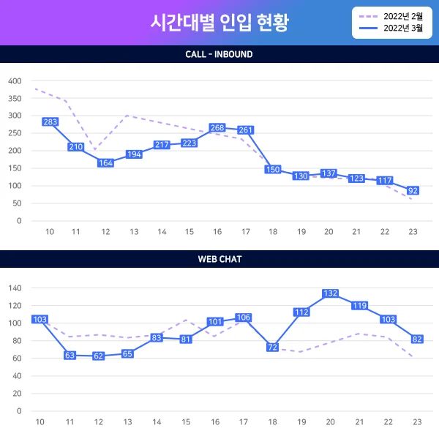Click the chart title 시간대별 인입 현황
[219, 23]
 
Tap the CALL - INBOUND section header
[219, 54]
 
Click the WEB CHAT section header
[219, 259]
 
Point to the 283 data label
[50, 122]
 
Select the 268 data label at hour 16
[217, 128]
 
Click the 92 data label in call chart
[413, 190]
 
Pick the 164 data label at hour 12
[106, 163]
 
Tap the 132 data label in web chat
[330, 293]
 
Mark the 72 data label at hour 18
[273, 347]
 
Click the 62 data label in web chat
[99, 356]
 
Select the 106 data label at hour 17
[244, 317]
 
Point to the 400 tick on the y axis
[15, 80]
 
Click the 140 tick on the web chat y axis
[15, 288]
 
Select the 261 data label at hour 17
[246, 130]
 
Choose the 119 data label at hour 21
[359, 306]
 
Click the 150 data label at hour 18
[273, 169]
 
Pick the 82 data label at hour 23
[417, 339]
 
